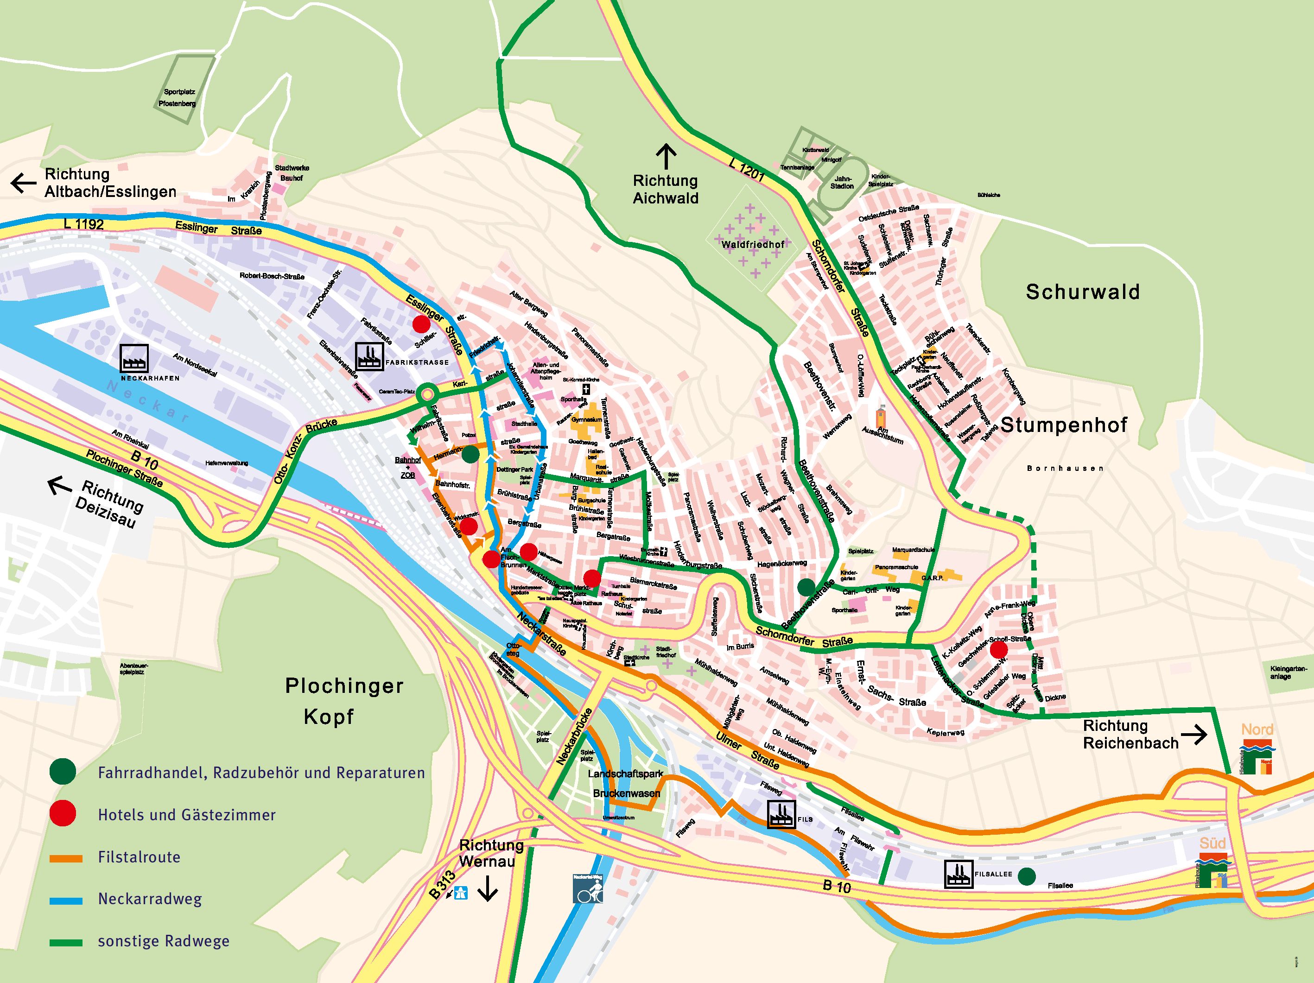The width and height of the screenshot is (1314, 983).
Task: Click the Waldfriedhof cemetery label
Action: (x=753, y=244)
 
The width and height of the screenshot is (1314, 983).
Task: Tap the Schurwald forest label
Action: (x=1082, y=292)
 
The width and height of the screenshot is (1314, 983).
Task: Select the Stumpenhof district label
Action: (x=1064, y=425)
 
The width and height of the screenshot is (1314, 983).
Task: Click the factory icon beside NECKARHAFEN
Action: (x=133, y=358)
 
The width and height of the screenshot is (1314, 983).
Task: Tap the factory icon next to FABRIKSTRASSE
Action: (x=369, y=356)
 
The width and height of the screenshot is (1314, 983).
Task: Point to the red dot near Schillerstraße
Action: (x=421, y=323)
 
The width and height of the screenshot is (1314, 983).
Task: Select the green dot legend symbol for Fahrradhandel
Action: (x=63, y=772)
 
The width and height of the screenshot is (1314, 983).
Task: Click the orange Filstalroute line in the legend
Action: (x=66, y=858)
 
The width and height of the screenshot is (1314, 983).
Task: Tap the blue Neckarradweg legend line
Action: (x=66, y=901)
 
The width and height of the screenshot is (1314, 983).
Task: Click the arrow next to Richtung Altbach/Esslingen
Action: (x=24, y=183)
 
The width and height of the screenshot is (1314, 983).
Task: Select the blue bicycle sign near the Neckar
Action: (x=588, y=888)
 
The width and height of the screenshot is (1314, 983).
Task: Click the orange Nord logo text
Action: (x=1257, y=729)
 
